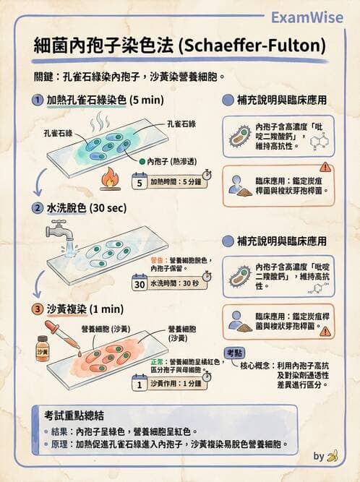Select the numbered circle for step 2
click(x=36, y=208)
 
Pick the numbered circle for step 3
click(x=36, y=309)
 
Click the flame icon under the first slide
click(x=111, y=176)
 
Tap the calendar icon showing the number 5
click(x=140, y=182)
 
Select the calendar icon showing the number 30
click(x=140, y=283)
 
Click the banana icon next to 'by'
click(x=333, y=455)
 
